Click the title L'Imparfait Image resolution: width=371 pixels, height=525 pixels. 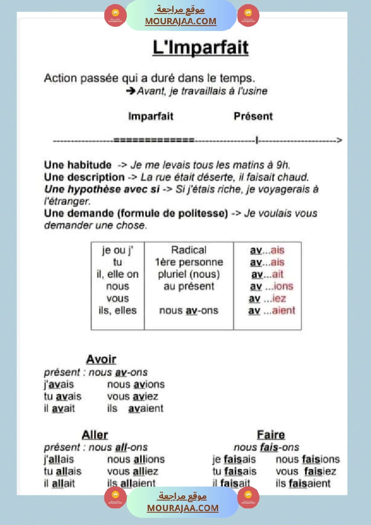click(200, 48)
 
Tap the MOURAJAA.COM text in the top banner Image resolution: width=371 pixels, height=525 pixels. click(180, 21)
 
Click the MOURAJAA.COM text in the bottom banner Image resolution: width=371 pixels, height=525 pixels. click(183, 508)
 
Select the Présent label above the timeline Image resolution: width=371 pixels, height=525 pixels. click(253, 116)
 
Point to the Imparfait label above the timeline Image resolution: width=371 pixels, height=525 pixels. click(151, 116)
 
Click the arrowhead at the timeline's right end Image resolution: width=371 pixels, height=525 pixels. click(339, 141)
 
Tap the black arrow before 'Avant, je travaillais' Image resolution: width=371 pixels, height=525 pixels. click(130, 91)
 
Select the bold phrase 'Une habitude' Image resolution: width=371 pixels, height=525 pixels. click(77, 164)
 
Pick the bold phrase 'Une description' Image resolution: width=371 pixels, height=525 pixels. click(84, 177)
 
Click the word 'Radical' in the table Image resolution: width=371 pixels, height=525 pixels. click(189, 250)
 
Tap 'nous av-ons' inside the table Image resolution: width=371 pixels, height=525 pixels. click(188, 310)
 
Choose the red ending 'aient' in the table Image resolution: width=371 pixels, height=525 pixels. click(284, 310)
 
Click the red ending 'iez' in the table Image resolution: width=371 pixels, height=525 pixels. click(280, 298)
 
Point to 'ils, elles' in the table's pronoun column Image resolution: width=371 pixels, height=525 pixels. click(117, 310)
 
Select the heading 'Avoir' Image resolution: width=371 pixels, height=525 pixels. click(101, 359)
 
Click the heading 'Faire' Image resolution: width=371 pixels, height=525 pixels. click(271, 435)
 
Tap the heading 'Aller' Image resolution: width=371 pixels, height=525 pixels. click(95, 435)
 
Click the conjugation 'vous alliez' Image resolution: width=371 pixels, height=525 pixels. click(133, 472)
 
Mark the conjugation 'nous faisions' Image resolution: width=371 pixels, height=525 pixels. click(308, 459)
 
